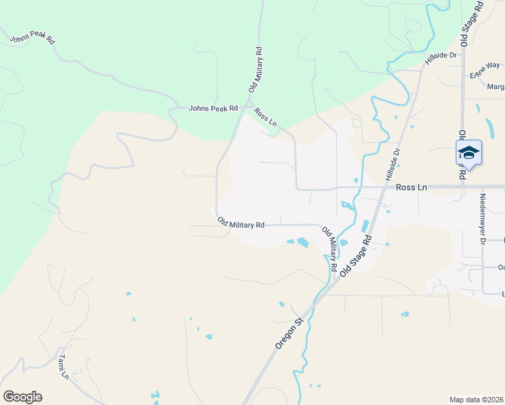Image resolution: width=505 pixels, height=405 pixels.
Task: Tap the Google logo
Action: pos(22,397)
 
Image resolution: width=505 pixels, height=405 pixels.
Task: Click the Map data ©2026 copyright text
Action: pos(476,400)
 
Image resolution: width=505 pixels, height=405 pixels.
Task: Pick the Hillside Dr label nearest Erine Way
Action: pos(441,58)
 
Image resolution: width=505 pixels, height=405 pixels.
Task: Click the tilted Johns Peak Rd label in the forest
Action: pos(32,39)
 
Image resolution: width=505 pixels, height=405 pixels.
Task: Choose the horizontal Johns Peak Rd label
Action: pos(213,108)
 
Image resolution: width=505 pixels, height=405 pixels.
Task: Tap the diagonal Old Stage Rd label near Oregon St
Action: pos(356,256)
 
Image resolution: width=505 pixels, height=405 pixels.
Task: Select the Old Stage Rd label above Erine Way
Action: pos(473,20)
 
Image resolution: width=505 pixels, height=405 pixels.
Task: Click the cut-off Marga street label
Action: pos(496,87)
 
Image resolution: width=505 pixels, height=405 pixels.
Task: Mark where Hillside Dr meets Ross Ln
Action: pos(383,187)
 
